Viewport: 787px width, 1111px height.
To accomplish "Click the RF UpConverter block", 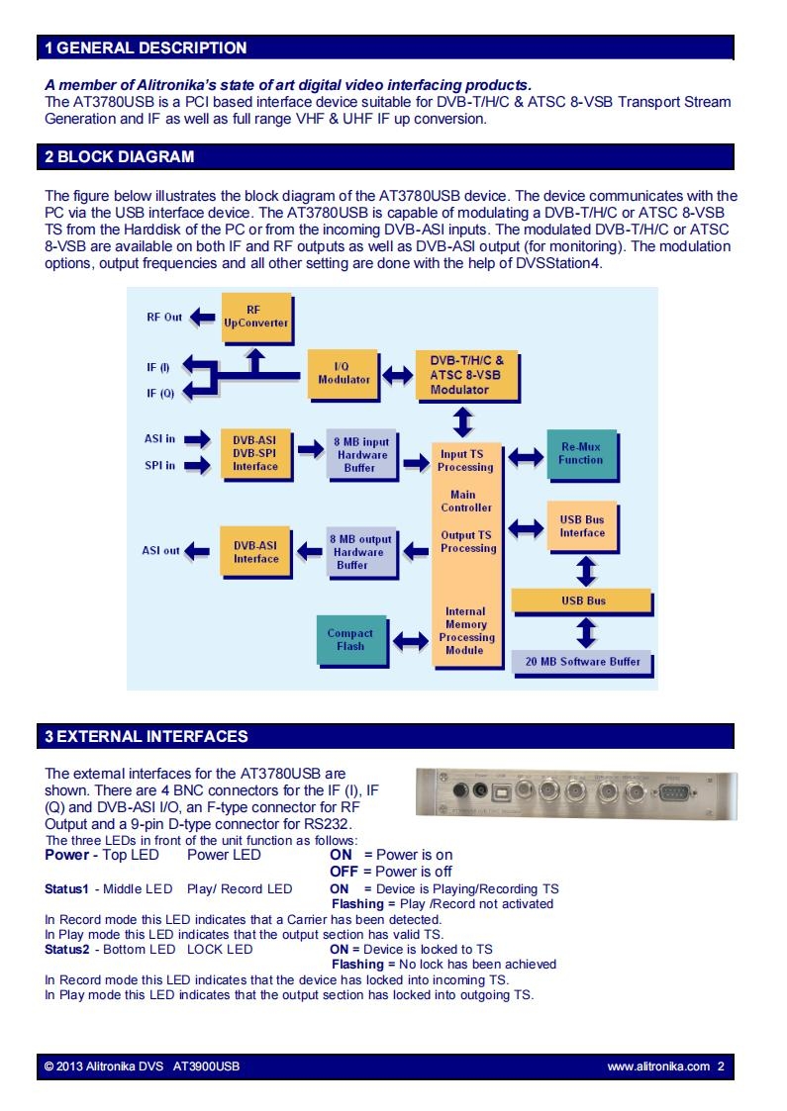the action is (x=256, y=318).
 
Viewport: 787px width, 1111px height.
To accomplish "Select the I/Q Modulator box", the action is (x=344, y=374).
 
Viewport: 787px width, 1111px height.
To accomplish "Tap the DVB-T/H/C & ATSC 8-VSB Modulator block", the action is (x=466, y=375).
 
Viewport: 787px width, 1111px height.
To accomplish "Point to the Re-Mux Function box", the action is (x=581, y=454).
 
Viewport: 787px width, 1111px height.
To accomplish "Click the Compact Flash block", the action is (x=351, y=640).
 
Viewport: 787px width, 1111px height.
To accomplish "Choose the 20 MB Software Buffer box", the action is (x=581, y=662).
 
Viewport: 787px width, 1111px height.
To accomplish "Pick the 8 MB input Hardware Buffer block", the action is (x=361, y=455).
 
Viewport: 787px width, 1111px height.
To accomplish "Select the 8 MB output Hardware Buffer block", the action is (x=361, y=553).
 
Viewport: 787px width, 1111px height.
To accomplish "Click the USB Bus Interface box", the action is (x=582, y=526).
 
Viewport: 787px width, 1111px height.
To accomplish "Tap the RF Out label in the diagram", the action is (x=164, y=318).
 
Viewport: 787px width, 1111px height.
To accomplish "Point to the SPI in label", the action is (x=159, y=466).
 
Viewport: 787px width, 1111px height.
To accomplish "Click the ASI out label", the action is (x=161, y=550).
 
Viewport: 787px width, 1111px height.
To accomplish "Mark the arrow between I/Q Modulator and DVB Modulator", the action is (x=398, y=375).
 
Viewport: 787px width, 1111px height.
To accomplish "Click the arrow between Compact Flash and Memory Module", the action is (x=411, y=641).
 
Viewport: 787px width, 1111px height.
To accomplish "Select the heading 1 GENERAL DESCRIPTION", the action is (x=147, y=48).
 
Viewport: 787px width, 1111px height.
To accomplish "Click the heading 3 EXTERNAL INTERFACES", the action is (x=147, y=737).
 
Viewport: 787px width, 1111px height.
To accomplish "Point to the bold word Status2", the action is (x=67, y=950).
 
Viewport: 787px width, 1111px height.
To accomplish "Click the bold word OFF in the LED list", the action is (x=344, y=872).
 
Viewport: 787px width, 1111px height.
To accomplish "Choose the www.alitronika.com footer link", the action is (x=658, y=1066).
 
